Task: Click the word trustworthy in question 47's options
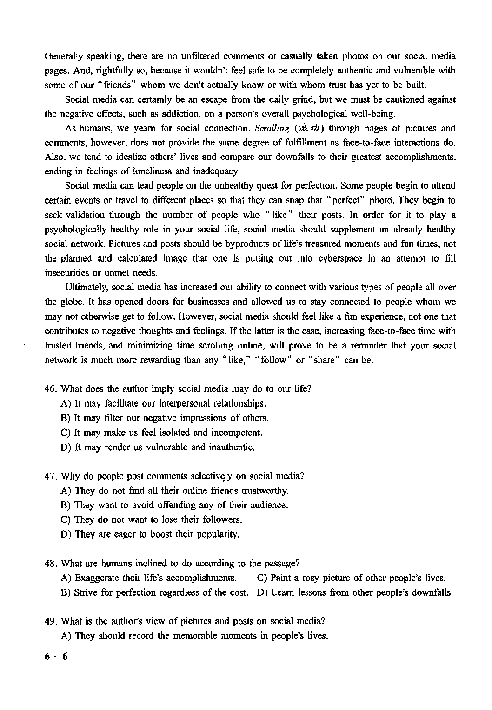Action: (x=264, y=491)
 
